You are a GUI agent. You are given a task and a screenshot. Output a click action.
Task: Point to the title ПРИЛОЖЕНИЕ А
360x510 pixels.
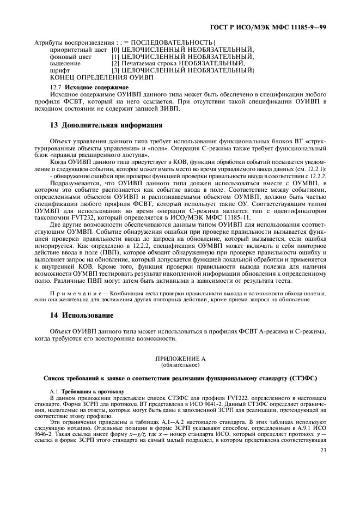point(180,359)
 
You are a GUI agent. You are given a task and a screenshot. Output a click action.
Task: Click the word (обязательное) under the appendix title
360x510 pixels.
point(180,365)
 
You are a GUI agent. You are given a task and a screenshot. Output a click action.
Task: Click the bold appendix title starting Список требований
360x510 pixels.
point(180,378)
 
